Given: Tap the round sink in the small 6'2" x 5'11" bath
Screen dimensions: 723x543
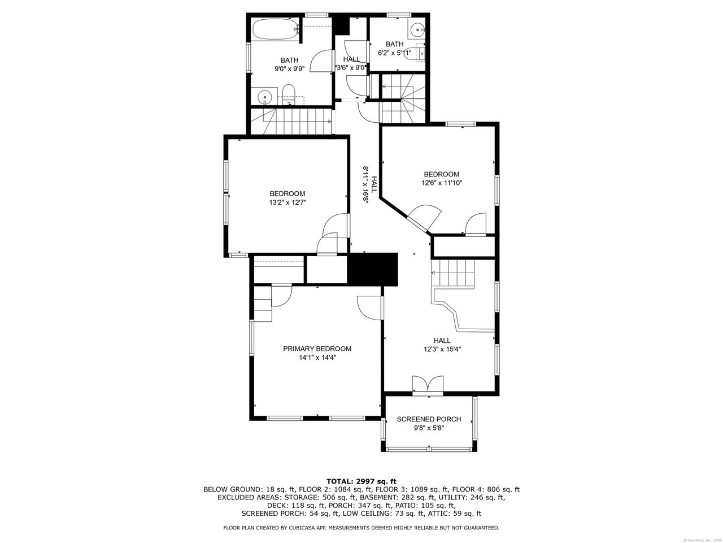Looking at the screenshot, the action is tap(418, 30).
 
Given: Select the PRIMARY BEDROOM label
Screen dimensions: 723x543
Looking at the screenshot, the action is tap(317, 348).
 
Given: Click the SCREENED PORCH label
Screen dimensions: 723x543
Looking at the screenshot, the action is tap(429, 419).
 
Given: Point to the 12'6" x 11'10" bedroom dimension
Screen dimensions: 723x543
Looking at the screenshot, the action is tap(442, 183).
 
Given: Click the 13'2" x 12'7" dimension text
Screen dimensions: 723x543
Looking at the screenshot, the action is tap(288, 202).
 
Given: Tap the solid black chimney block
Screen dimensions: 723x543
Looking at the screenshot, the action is tap(373, 269).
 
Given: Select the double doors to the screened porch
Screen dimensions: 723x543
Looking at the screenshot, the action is tap(428, 385).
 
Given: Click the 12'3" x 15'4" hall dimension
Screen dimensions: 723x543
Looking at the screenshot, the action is tap(442, 350).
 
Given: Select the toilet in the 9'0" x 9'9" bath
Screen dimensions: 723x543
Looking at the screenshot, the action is tap(289, 94).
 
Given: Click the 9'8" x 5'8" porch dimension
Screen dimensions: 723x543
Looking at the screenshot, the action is tap(429, 428).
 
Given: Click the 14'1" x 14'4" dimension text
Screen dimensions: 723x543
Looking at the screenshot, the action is tap(317, 357).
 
